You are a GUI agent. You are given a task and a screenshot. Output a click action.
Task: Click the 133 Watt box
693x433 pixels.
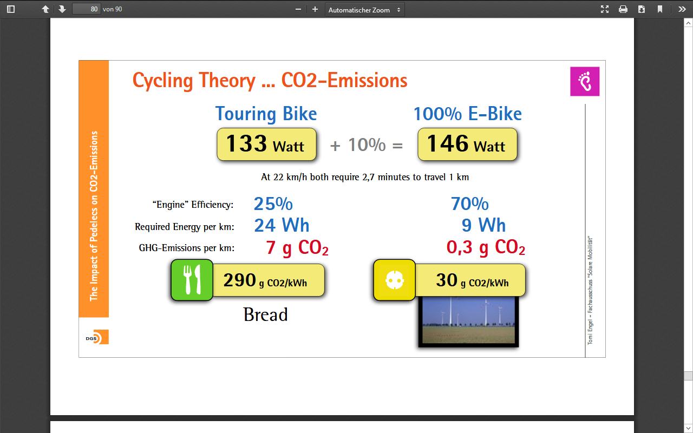pyautogui.click(x=266, y=144)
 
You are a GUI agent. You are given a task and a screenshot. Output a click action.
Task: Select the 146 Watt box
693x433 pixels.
pyautogui.click(x=467, y=144)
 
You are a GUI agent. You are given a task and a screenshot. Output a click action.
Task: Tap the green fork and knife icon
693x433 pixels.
pyautogui.click(x=192, y=280)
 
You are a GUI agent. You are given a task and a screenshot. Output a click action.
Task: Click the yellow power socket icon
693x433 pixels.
pyautogui.click(x=395, y=280)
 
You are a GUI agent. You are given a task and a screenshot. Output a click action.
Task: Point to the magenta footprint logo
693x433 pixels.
pyautogui.click(x=585, y=81)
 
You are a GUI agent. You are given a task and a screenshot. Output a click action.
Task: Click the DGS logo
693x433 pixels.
pyautogui.click(x=97, y=337)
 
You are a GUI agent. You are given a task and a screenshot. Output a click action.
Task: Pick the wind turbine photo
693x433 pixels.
pyautogui.click(x=468, y=322)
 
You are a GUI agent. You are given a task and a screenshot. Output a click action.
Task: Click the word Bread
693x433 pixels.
pyautogui.click(x=265, y=314)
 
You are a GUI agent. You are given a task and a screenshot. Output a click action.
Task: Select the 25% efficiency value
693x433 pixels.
pyautogui.click(x=273, y=204)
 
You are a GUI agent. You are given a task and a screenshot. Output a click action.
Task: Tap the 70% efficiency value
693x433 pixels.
pyautogui.click(x=469, y=204)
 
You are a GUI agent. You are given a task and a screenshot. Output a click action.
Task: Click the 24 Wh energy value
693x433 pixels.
pyautogui.click(x=282, y=225)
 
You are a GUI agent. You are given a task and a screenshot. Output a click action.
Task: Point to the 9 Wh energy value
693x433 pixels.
pyautogui.click(x=483, y=225)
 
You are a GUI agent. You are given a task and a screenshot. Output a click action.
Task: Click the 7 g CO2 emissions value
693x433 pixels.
pyautogui.click(x=297, y=248)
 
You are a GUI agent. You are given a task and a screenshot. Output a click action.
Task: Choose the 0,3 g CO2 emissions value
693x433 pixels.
pyautogui.click(x=486, y=247)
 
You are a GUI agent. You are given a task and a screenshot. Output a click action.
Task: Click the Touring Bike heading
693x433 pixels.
pyautogui.click(x=266, y=114)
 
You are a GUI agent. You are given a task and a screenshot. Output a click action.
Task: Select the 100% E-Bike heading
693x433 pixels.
pyautogui.click(x=467, y=114)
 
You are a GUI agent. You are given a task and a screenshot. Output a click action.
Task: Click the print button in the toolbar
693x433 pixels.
pyautogui.click(x=623, y=9)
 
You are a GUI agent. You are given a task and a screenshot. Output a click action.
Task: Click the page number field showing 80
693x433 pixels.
pyautogui.click(x=86, y=9)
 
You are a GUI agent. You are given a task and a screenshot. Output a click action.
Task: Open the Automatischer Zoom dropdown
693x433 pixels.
pyautogui.click(x=364, y=10)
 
